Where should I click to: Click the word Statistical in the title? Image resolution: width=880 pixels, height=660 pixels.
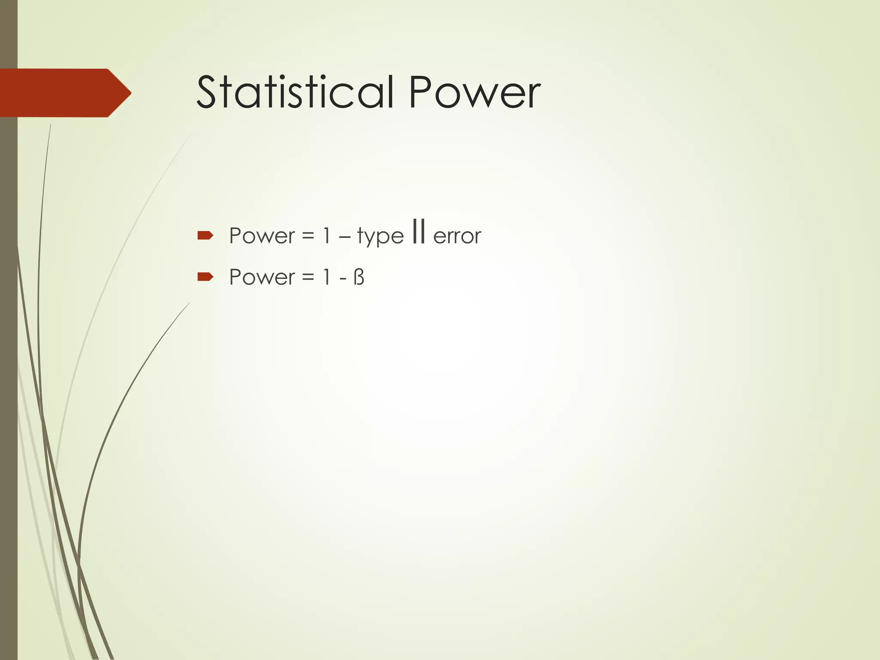[x=295, y=92]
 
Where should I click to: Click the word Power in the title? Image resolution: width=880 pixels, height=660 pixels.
[x=474, y=92]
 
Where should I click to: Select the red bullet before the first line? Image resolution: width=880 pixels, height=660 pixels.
[x=205, y=235]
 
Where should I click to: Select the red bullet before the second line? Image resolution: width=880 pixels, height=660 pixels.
[x=205, y=277]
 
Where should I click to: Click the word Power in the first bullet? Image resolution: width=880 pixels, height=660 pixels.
[x=262, y=236]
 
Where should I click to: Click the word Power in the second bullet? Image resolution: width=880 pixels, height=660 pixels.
[x=262, y=277]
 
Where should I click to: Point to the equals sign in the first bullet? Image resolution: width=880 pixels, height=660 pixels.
[x=308, y=236]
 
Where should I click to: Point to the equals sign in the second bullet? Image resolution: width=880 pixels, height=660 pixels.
[x=308, y=278]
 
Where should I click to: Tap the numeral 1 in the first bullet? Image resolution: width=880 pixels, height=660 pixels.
[x=327, y=236]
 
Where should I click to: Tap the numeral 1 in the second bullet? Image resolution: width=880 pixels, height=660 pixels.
[x=327, y=277]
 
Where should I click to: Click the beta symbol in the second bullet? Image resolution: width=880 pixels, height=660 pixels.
[x=359, y=277]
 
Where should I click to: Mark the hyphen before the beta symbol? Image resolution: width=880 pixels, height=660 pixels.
[x=343, y=278]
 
